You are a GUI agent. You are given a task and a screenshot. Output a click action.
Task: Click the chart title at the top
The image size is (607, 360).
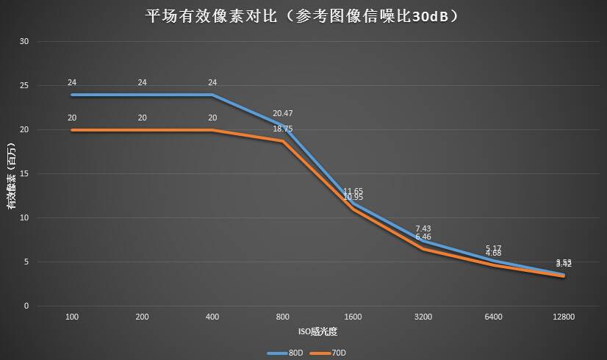pyautogui.click(x=303, y=16)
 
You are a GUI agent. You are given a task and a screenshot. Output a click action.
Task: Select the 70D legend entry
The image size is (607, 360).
pyautogui.click(x=330, y=353)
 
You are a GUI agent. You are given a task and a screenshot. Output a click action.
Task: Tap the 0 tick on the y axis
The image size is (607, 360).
pyautogui.click(x=26, y=306)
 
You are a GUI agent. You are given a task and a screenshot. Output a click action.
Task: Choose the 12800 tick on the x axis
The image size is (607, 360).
pyautogui.click(x=564, y=317)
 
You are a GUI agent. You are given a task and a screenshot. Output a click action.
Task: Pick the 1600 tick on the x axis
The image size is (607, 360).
pyautogui.click(x=353, y=317)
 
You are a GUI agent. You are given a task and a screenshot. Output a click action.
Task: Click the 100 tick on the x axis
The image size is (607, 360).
pyautogui.click(x=72, y=317)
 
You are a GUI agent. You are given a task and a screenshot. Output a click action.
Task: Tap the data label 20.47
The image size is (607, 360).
pyautogui.click(x=283, y=114)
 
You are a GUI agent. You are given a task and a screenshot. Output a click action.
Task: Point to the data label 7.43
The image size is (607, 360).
pyautogui.click(x=423, y=228)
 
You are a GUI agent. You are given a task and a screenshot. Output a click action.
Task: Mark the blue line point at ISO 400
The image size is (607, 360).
pyautogui.click(x=212, y=95)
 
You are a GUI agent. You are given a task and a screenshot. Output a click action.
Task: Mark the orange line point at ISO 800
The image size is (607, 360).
pyautogui.click(x=283, y=141)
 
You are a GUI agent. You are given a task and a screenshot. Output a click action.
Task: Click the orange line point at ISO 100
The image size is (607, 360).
pyautogui.click(x=72, y=130)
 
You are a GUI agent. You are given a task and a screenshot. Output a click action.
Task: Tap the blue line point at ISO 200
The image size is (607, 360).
pyautogui.click(x=143, y=95)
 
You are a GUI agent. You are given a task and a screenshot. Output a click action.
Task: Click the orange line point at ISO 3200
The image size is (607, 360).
pyautogui.click(x=423, y=249)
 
